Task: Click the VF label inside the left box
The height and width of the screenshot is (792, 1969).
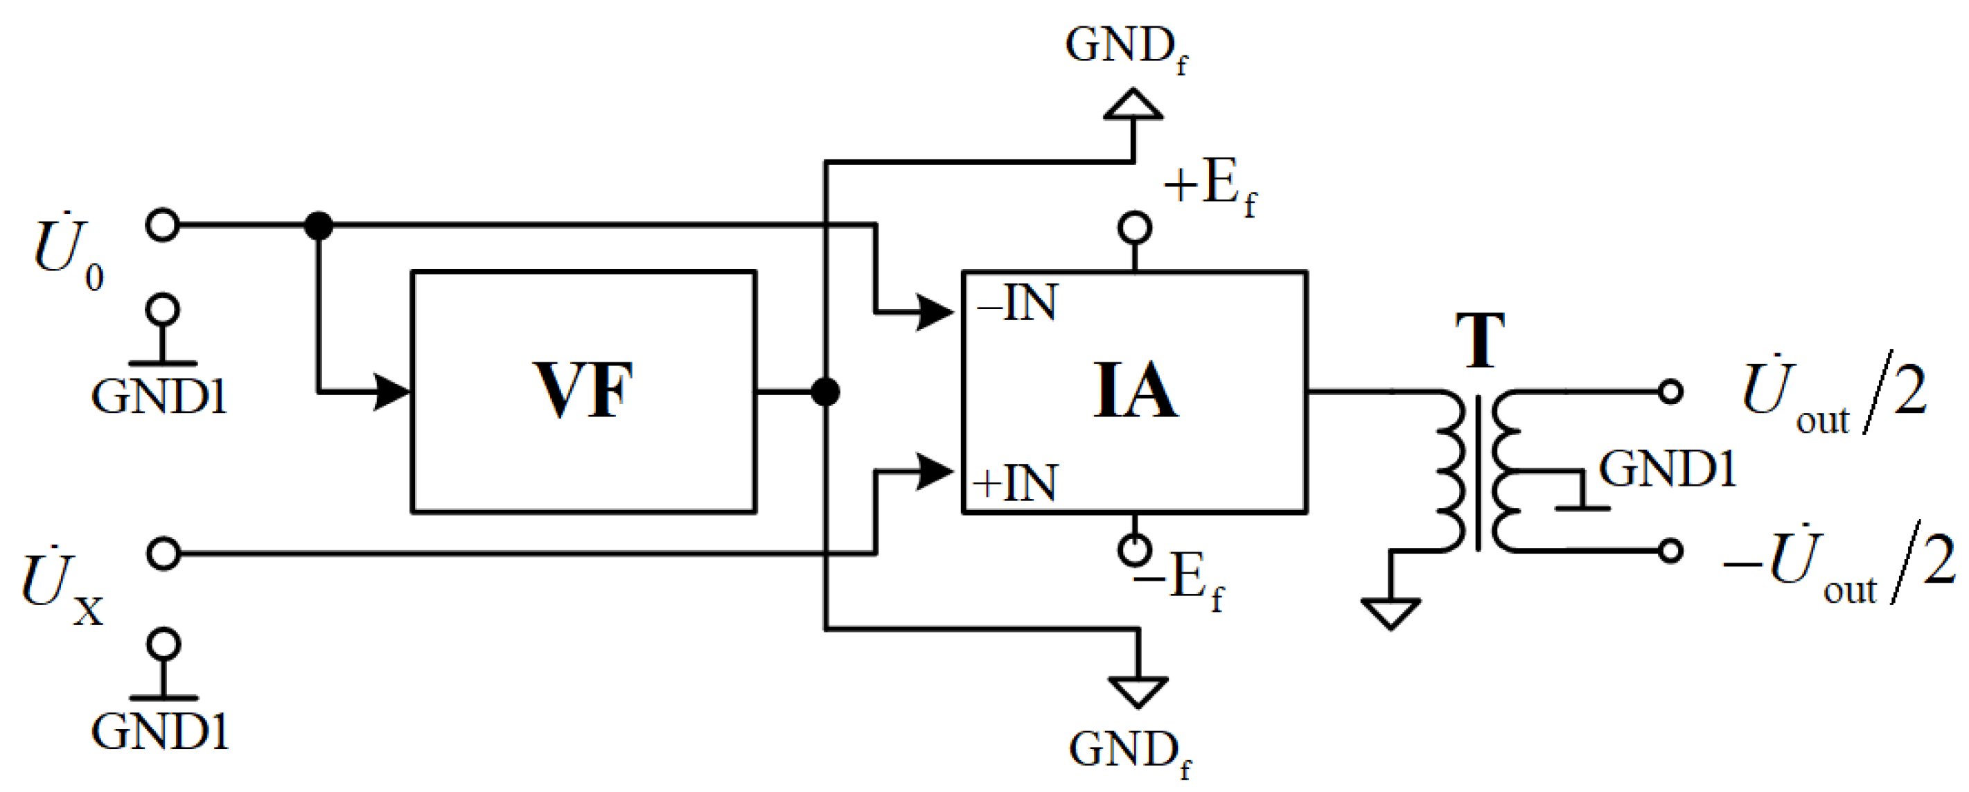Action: [583, 391]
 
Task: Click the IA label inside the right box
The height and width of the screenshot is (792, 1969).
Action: [1136, 391]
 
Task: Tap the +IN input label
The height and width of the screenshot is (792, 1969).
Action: [1015, 482]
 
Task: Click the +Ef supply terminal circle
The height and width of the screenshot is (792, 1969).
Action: [1134, 228]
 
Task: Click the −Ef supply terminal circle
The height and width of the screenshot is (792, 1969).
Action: [1134, 549]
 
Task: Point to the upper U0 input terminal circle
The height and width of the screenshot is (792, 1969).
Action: [163, 225]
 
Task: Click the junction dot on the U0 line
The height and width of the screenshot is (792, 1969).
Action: [318, 225]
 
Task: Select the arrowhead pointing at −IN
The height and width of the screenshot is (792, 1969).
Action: [934, 312]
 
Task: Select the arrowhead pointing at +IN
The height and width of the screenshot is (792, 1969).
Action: [934, 472]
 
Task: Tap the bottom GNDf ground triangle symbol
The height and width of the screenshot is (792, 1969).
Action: [1138, 690]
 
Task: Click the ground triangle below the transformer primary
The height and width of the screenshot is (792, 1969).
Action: [1390, 613]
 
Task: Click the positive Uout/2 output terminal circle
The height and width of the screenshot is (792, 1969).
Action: [1670, 391]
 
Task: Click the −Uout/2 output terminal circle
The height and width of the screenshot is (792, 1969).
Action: [1670, 550]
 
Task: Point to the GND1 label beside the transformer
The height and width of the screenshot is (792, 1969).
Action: [1667, 468]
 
